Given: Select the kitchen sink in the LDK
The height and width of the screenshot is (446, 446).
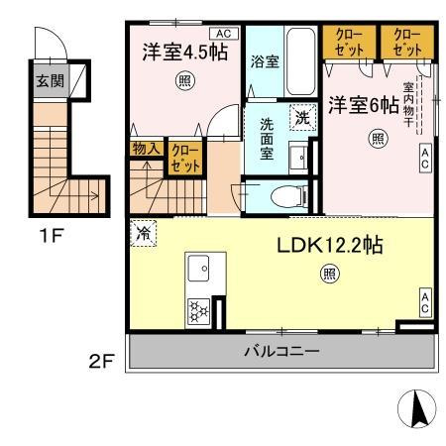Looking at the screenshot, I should point(198,269).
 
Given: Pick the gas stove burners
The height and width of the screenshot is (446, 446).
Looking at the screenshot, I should point(198,310).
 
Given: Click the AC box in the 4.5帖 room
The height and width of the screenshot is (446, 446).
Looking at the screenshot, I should point(218,32).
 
